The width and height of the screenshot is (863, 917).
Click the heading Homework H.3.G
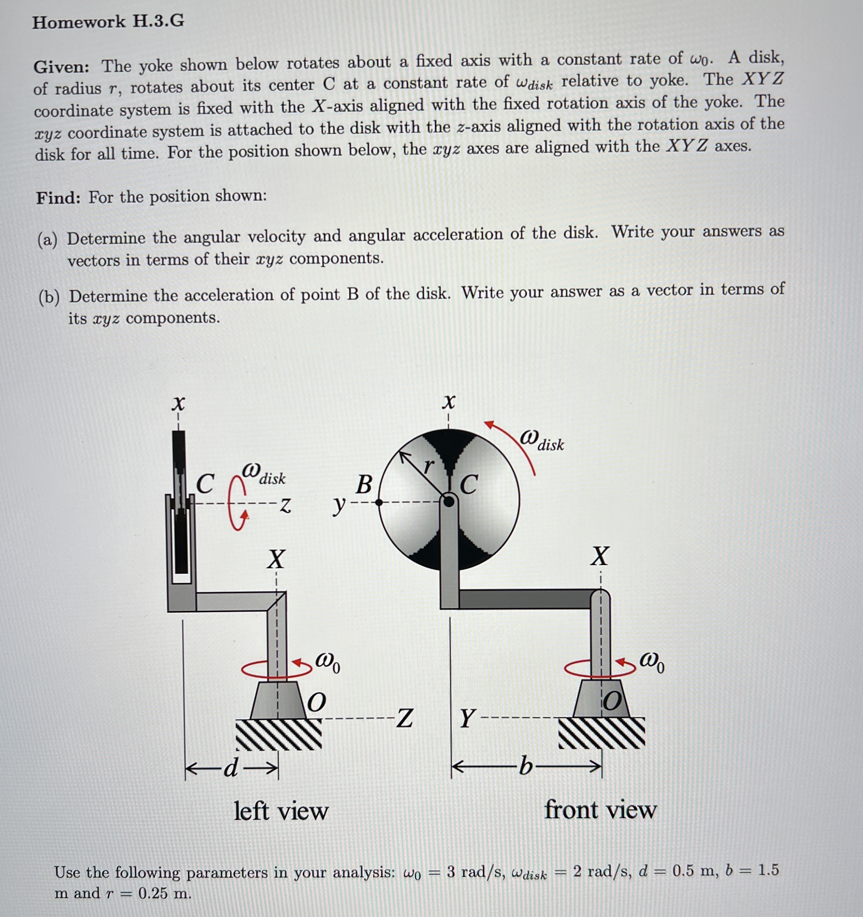click(x=108, y=22)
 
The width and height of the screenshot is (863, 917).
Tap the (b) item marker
click(x=49, y=297)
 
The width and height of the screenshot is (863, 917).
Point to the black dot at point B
click(x=379, y=503)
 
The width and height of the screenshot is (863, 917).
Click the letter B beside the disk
click(x=364, y=485)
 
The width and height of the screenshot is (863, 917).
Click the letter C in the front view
click(x=468, y=485)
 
